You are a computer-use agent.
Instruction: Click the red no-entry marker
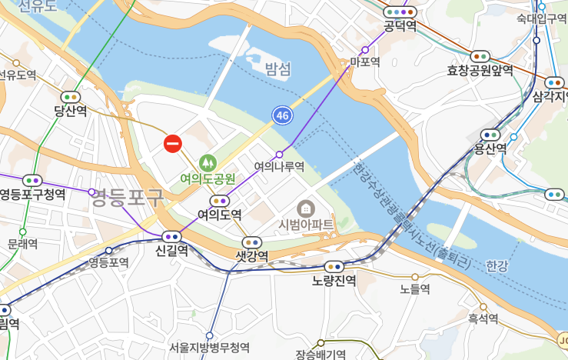(173, 143)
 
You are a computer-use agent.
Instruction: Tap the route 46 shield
(282, 115)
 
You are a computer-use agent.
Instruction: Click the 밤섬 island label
(278, 69)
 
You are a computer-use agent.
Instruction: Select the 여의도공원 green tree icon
(207, 162)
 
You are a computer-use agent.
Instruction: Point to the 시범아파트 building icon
(305, 208)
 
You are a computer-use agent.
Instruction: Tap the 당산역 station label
(70, 111)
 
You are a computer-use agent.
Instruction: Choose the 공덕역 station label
(400, 26)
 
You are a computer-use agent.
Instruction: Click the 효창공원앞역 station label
(480, 70)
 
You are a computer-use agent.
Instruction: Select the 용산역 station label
(490, 148)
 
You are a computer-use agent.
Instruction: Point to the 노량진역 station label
(334, 280)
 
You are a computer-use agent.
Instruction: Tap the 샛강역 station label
(252, 255)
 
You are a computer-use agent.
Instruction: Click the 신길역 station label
(171, 250)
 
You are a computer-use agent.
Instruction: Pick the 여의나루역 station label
(280, 166)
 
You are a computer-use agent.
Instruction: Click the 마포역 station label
(365, 62)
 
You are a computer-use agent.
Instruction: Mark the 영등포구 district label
(128, 199)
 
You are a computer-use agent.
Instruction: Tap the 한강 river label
(497, 266)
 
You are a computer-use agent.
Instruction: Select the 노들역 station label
(414, 289)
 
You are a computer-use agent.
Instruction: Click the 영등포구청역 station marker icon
(32, 180)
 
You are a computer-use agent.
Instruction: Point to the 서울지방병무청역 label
(209, 347)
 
